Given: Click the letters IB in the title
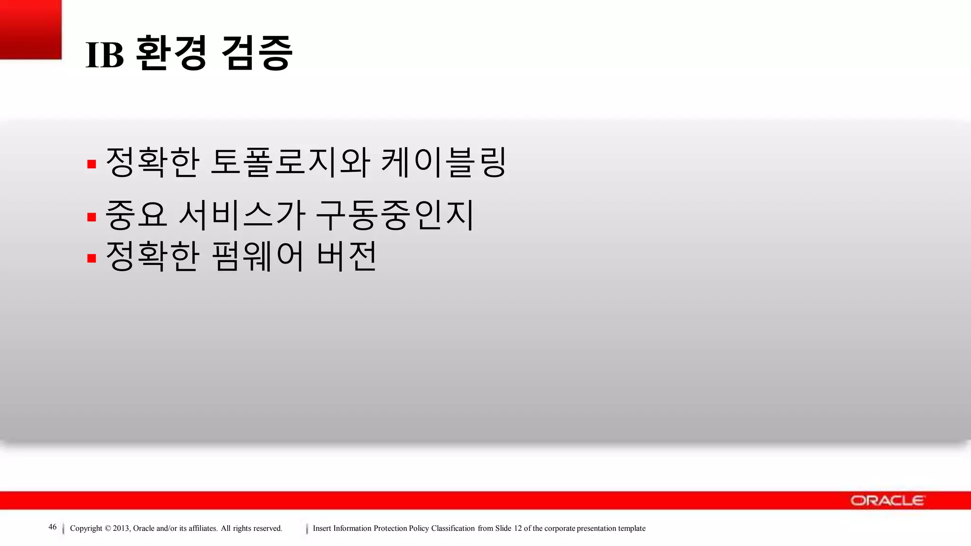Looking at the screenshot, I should pyautogui.click(x=105, y=55).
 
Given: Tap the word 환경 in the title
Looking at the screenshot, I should pyautogui.click(x=171, y=53).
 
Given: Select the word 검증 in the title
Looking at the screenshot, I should pyautogui.click(x=256, y=53).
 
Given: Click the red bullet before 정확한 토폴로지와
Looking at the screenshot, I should pyautogui.click(x=92, y=164).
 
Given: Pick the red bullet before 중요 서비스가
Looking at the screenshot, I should pyautogui.click(x=92, y=217).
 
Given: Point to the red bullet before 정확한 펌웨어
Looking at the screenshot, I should pyautogui.click(x=92, y=258).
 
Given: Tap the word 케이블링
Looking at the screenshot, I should pyautogui.click(x=444, y=163).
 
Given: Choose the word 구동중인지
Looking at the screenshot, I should pyautogui.click(x=394, y=215).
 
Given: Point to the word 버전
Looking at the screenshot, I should pyautogui.click(x=347, y=256).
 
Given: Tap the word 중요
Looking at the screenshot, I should pyautogui.click(x=136, y=215).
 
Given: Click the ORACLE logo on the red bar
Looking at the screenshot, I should pyautogui.click(x=887, y=500).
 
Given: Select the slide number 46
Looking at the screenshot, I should pyautogui.click(x=53, y=527).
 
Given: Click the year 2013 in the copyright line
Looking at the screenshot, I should pyautogui.click(x=120, y=528).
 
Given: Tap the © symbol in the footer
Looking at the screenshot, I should pyautogui.click(x=108, y=528).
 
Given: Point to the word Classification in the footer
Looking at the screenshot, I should pyautogui.click(x=453, y=528).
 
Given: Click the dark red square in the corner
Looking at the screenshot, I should pyautogui.click(x=31, y=29).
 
